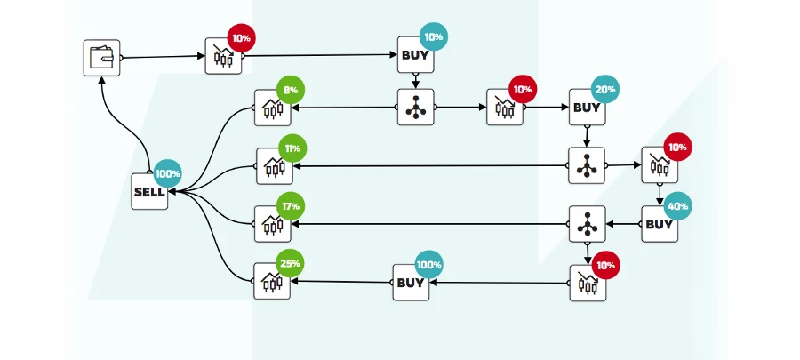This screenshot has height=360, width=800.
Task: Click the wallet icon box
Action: click(x=101, y=58)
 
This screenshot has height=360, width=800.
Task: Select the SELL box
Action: click(x=149, y=191)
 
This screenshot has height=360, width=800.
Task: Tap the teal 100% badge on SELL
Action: click(x=168, y=173)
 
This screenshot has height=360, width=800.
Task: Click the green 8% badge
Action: click(x=291, y=90)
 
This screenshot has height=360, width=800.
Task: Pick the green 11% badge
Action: click(x=292, y=148)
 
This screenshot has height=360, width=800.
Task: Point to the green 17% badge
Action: click(x=291, y=206)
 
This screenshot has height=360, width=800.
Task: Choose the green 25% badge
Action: click(x=291, y=263)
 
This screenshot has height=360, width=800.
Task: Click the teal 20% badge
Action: click(x=605, y=90)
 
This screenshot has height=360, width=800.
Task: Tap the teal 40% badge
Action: click(x=678, y=206)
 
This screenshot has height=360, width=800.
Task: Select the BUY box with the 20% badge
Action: click(x=588, y=107)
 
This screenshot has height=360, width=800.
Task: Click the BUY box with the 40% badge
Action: click(x=660, y=224)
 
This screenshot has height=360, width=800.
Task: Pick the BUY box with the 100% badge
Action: click(x=411, y=283)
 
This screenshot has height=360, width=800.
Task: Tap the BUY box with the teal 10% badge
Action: click(x=416, y=54)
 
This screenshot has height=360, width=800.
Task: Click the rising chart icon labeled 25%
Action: click(x=272, y=281)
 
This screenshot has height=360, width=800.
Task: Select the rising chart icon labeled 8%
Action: click(x=273, y=108)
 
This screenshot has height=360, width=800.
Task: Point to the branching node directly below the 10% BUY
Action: click(x=416, y=107)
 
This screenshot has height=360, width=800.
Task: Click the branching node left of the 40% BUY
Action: click(x=588, y=224)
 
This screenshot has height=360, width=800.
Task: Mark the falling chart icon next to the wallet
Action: click(x=223, y=56)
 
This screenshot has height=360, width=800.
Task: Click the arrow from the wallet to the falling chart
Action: click(x=163, y=57)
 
